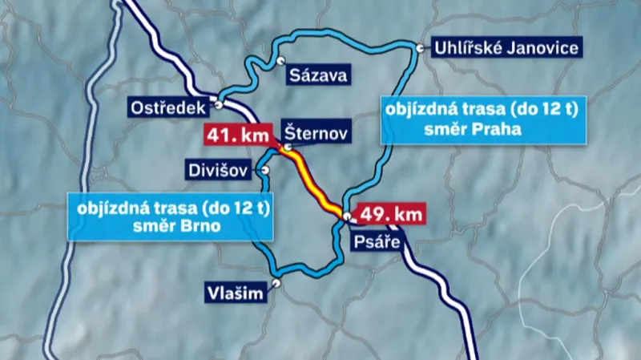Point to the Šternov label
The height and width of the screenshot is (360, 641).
(316, 134)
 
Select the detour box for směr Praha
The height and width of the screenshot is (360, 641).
(479, 119)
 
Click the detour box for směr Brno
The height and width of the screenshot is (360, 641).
(174, 216)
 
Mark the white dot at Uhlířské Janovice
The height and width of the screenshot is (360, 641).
(420, 49)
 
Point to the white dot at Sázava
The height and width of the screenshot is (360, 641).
(280, 60)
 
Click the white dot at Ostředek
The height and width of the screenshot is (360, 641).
(217, 104)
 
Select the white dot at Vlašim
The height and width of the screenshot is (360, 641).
(276, 282)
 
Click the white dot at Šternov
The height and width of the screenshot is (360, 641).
(287, 148)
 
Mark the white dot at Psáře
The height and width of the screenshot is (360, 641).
(346, 217)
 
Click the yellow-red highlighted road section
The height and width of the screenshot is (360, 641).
(315, 181)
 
